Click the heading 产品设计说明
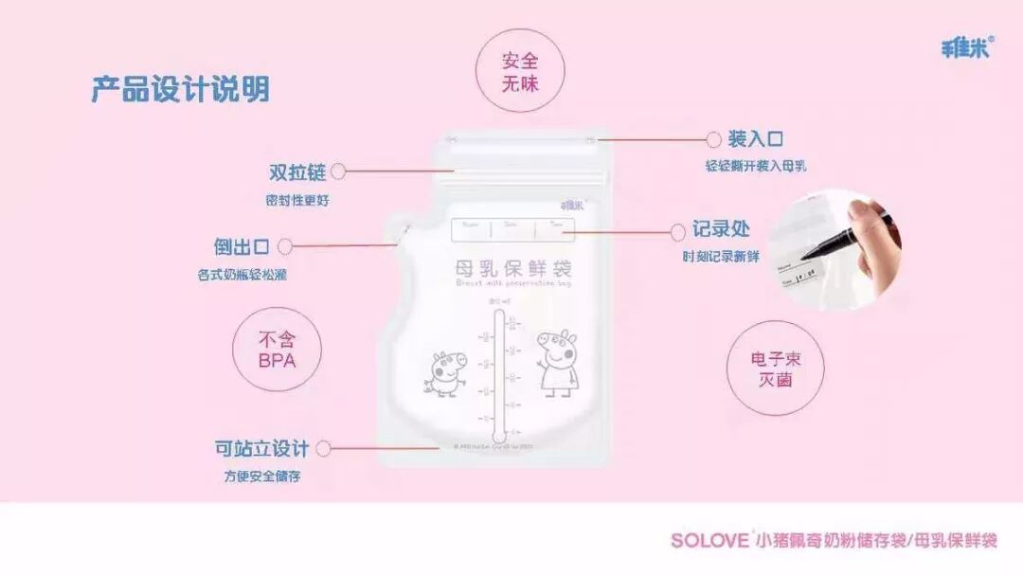[180, 89]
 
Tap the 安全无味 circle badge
[520, 72]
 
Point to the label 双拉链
[297, 172]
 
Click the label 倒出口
[242, 246]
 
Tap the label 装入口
[756, 139]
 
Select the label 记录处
[721, 230]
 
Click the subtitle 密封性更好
[298, 201]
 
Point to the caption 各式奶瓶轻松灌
[242, 275]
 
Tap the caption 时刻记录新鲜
[721, 257]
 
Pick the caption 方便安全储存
[262, 477]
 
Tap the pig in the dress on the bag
[553, 362]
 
